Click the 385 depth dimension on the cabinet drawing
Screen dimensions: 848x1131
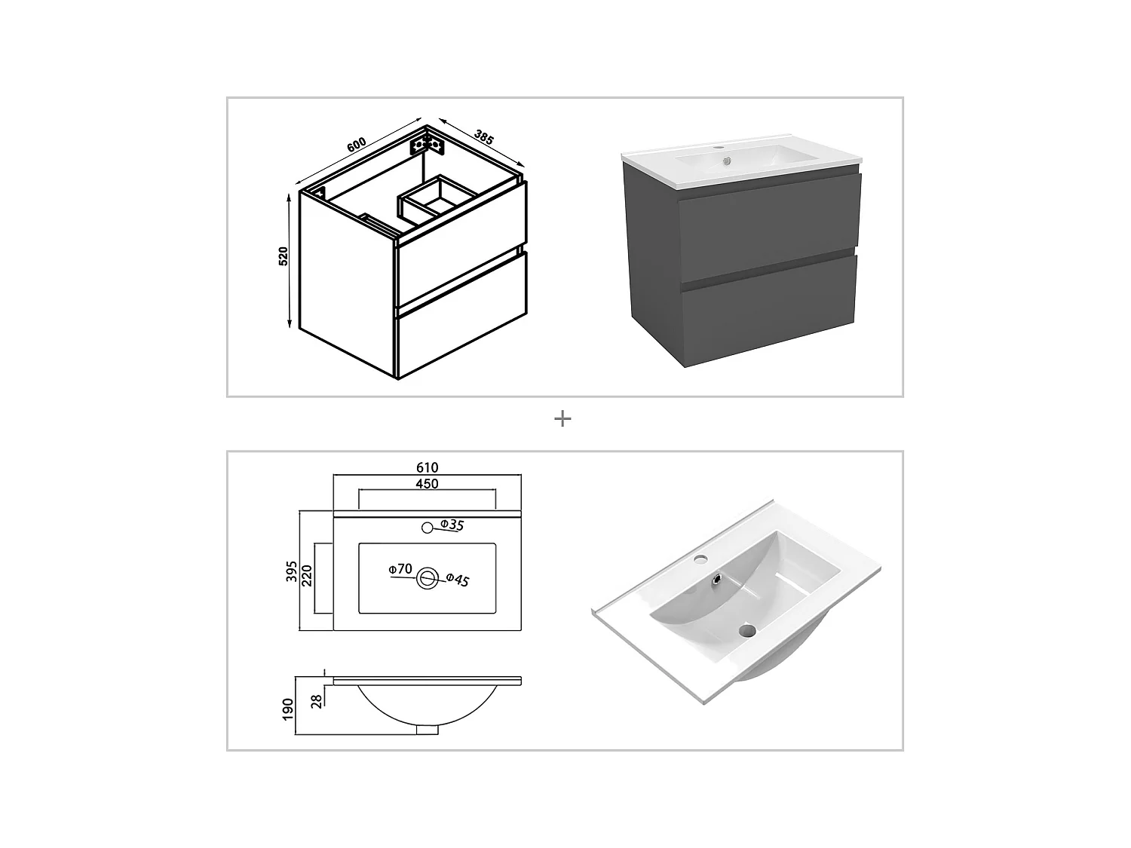[x=484, y=136]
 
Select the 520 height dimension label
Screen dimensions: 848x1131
[x=284, y=256]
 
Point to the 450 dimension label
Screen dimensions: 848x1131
[x=427, y=484]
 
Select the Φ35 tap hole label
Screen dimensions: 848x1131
[x=452, y=525]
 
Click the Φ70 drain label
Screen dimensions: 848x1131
[x=400, y=569]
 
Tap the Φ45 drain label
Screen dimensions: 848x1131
[x=457, y=580]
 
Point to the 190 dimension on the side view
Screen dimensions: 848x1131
[x=287, y=708]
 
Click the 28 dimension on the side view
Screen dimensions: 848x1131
[x=317, y=700]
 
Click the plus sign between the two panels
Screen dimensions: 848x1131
[x=562, y=419]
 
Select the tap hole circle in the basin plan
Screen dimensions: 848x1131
[x=427, y=528]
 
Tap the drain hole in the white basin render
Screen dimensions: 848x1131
[x=748, y=630]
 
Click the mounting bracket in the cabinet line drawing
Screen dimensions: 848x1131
[x=424, y=143]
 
